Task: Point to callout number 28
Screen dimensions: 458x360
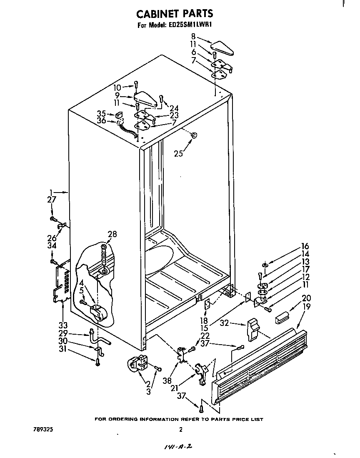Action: tap(112, 235)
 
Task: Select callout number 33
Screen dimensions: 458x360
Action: tap(62, 325)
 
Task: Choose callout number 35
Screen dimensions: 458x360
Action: tap(101, 113)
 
